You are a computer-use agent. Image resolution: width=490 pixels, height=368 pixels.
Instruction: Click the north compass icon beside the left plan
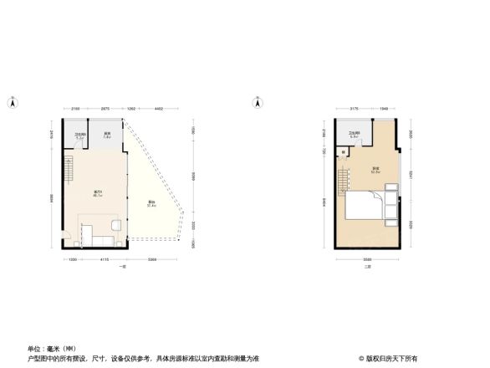[11, 103]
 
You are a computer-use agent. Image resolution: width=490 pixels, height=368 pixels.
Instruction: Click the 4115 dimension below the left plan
[104, 260]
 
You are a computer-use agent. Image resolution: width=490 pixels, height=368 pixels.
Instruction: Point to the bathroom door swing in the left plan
[74, 151]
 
